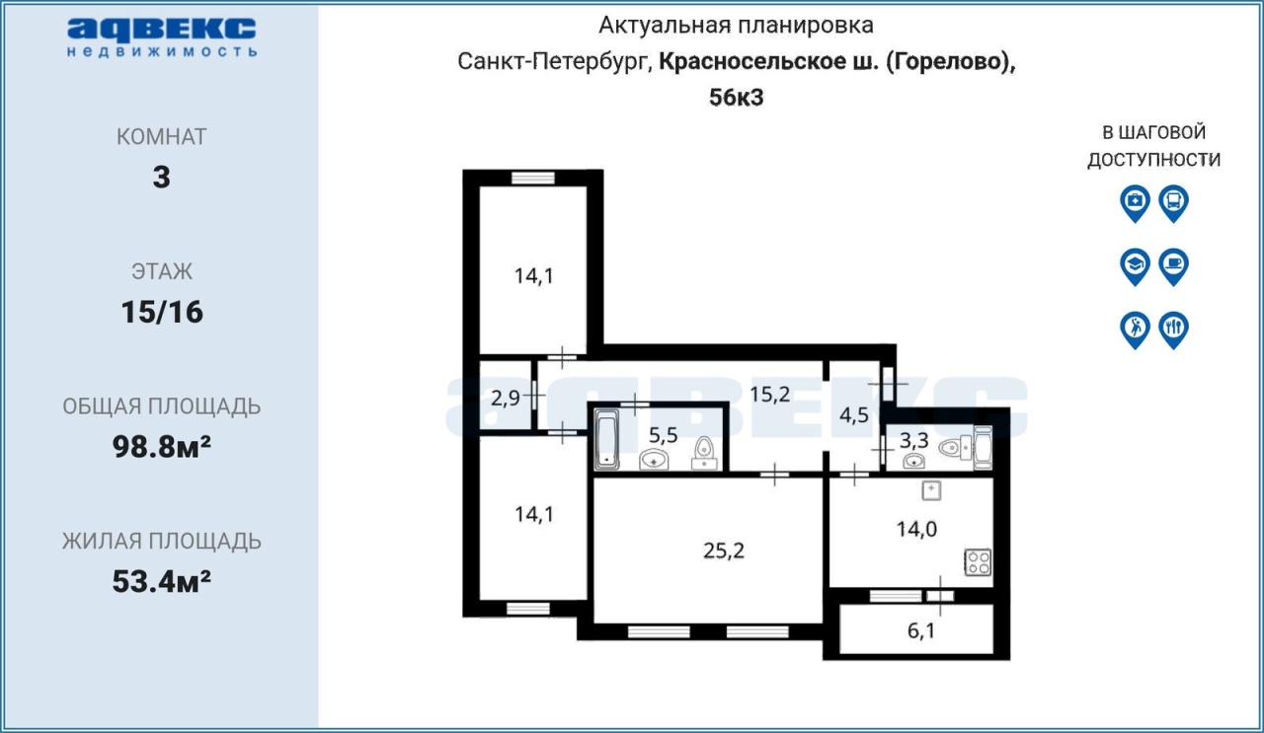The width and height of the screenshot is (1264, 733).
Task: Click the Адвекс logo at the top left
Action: tap(161, 37)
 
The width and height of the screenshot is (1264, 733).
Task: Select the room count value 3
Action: tap(161, 177)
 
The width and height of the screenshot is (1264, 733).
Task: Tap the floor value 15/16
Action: tap(162, 312)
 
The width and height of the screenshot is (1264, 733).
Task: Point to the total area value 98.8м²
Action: tap(162, 447)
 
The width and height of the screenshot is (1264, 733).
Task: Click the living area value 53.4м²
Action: tap(162, 581)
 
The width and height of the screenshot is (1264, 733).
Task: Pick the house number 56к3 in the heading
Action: tap(737, 97)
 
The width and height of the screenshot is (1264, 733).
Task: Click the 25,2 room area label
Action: tap(724, 550)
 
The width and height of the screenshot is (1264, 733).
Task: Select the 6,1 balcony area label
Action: tap(921, 630)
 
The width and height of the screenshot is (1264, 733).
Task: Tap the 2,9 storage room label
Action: tap(505, 399)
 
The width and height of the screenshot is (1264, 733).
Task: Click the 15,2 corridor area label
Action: tap(769, 395)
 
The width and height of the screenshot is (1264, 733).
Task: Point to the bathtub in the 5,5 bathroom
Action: tap(606, 440)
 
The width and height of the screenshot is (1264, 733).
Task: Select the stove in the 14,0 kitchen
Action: tap(978, 562)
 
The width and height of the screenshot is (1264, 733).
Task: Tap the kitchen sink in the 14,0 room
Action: tap(931, 490)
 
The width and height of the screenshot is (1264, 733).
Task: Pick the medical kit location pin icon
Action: tap(1135, 203)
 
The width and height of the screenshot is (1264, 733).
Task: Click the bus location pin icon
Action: tap(1174, 203)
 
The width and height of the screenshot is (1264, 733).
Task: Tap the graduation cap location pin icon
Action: tap(1135, 266)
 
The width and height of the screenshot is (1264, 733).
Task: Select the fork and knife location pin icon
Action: tap(1174, 330)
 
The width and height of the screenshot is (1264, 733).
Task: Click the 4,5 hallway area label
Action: tap(854, 415)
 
